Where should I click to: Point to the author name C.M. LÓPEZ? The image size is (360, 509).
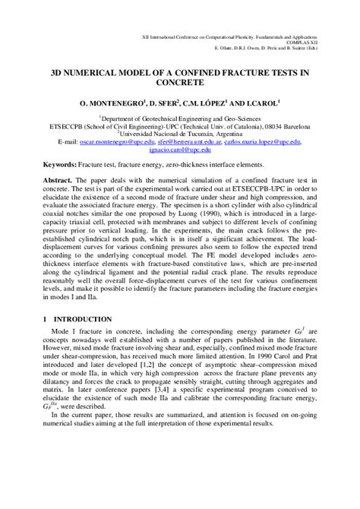[213, 100]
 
